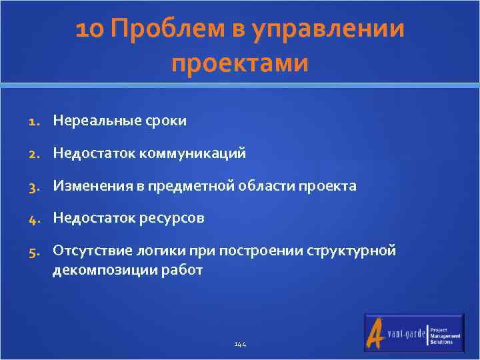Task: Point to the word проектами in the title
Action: [x=240, y=64]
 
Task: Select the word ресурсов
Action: [x=171, y=219]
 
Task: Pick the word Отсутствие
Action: [x=87, y=251]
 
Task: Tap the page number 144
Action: [x=240, y=345]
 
